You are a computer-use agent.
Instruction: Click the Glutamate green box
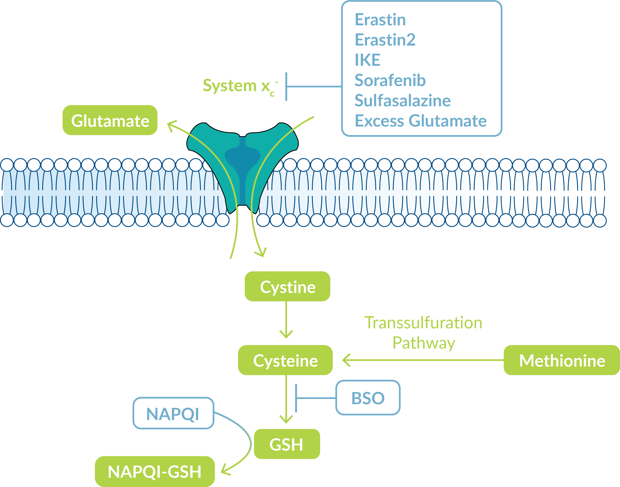point(110,120)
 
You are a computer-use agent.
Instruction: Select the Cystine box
point(287,286)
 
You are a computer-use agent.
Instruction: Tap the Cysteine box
point(285,360)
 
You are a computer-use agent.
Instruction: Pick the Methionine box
point(562,360)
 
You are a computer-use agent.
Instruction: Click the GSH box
point(287,444)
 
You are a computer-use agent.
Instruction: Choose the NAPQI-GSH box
point(155,472)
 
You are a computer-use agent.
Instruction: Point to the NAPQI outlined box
point(173,413)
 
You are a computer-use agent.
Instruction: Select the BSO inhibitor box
point(368,398)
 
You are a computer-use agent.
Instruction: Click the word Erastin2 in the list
point(385,40)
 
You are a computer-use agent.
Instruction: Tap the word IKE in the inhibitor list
point(368,60)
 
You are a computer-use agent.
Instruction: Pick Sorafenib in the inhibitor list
point(390,80)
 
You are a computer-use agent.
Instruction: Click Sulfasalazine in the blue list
point(403,100)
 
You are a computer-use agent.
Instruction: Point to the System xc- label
point(240,86)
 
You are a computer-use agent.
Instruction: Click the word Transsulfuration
point(423,323)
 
